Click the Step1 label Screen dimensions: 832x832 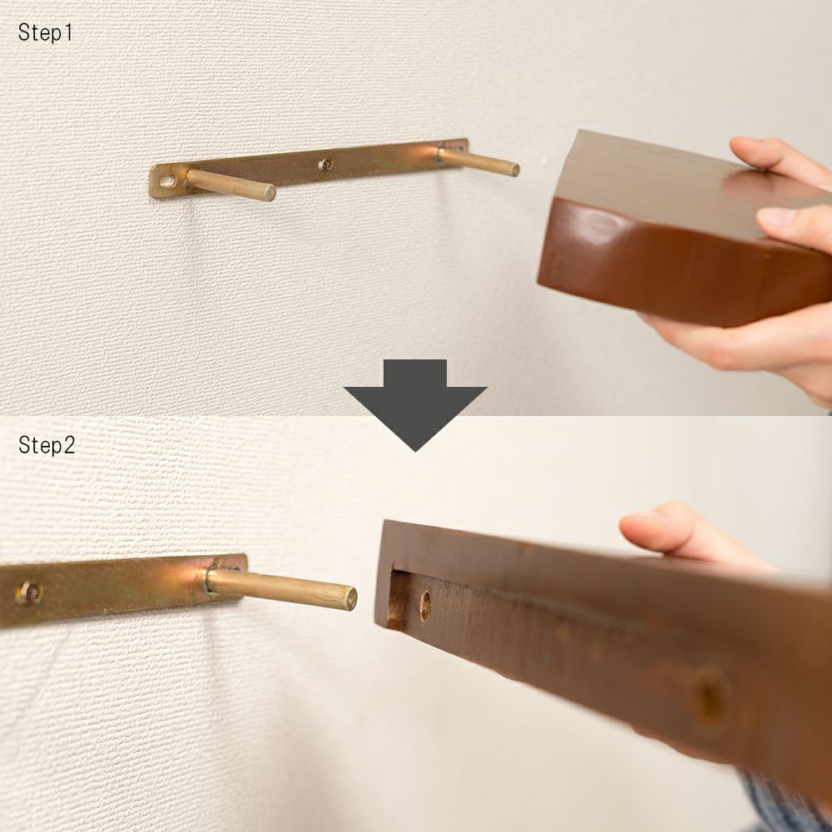(x=45, y=32)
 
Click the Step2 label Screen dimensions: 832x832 (x=47, y=444)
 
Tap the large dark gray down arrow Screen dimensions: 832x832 (x=415, y=404)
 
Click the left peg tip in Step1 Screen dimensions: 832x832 (x=270, y=193)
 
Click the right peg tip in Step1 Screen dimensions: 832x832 (x=514, y=170)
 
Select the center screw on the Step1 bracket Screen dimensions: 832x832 (x=326, y=165)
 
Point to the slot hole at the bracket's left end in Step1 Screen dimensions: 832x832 (x=168, y=181)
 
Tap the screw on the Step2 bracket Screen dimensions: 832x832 (x=30, y=592)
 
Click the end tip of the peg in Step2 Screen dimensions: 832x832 (x=349, y=598)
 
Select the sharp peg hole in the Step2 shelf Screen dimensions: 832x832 (x=425, y=606)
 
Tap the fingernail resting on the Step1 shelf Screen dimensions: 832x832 (x=775, y=216)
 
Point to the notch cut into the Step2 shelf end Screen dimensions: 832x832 (x=399, y=601)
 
